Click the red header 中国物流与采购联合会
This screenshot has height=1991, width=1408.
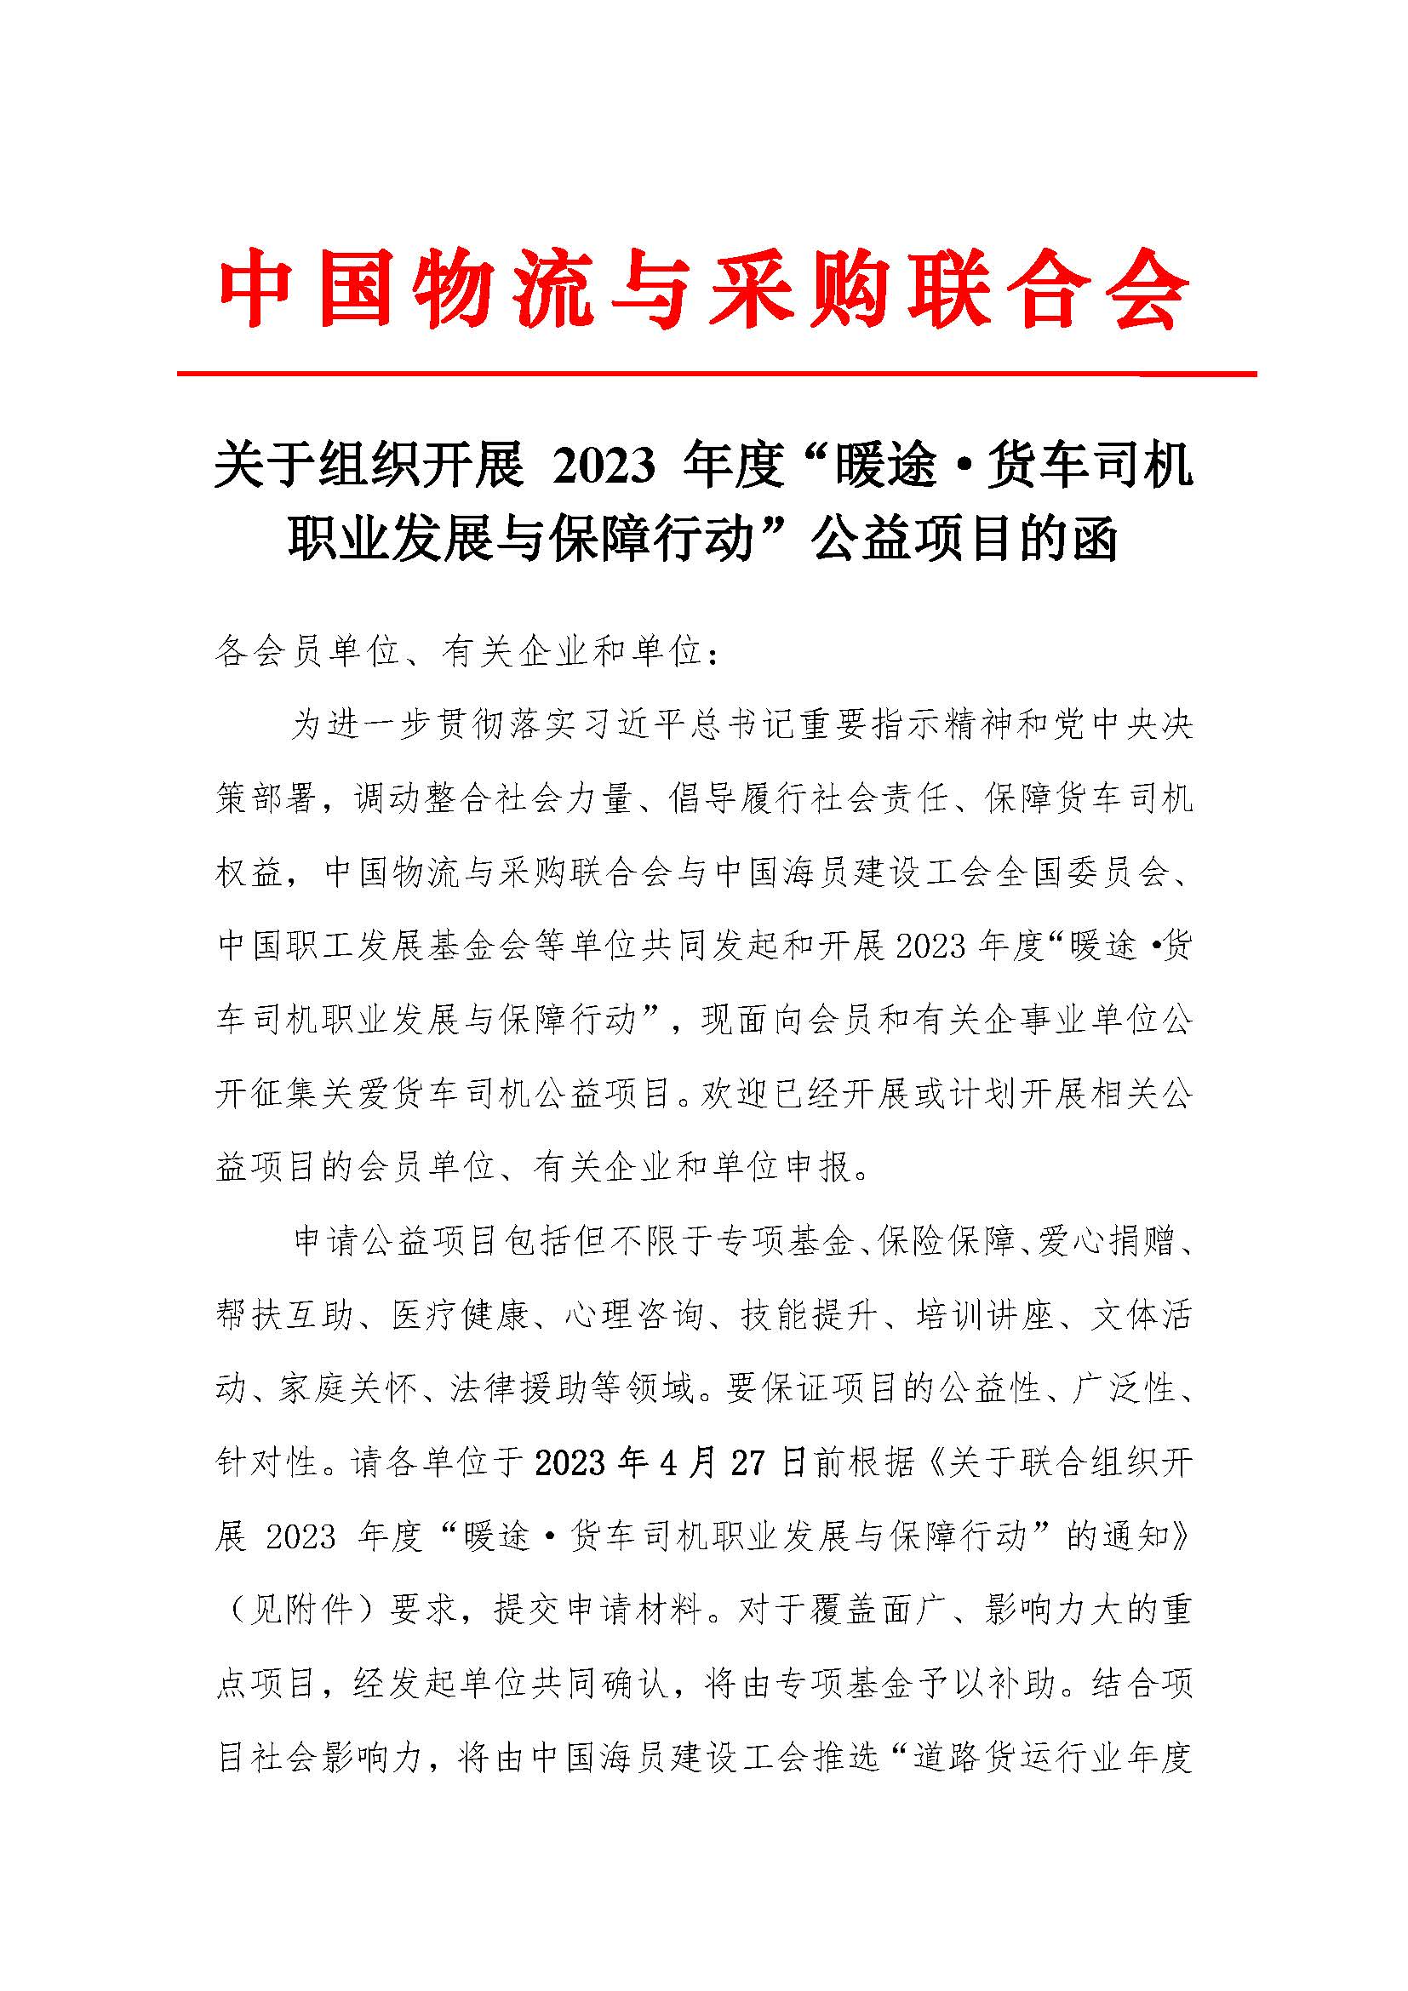pos(703,288)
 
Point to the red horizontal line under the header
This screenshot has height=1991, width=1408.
pos(716,375)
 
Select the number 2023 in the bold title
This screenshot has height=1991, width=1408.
pos(604,467)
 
